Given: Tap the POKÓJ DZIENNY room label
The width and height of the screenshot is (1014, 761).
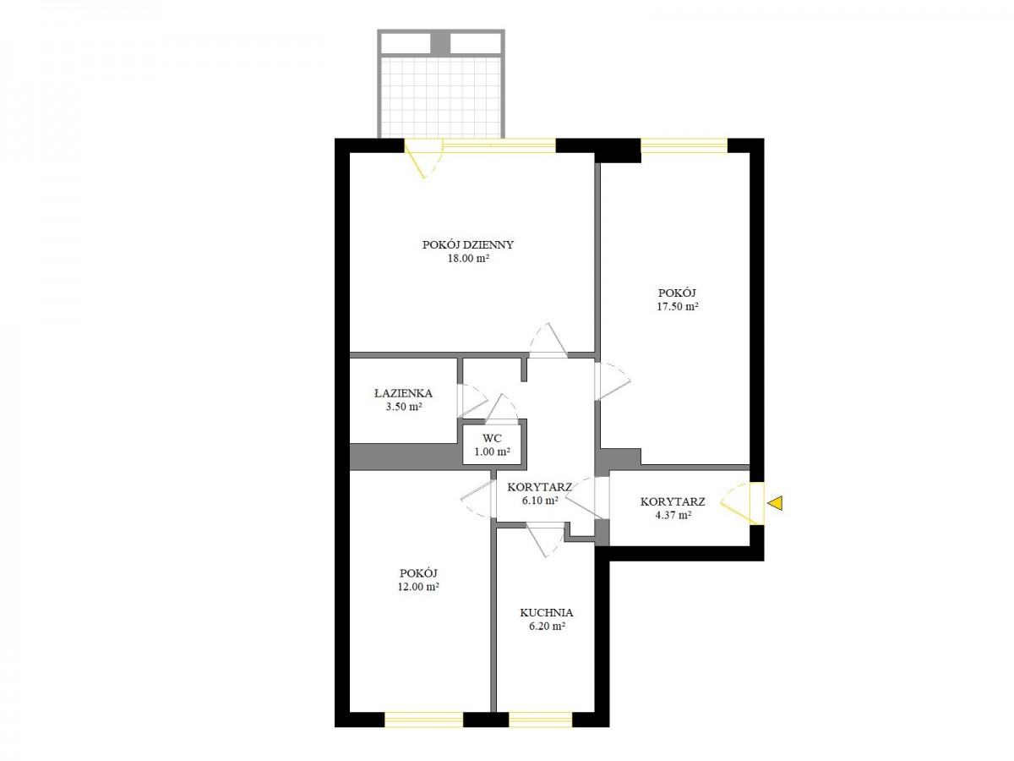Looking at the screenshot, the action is pos(467,244).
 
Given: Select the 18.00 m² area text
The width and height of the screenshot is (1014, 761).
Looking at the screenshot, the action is pos(468,258).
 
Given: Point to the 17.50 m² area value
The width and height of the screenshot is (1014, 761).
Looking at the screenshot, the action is pos(677,306).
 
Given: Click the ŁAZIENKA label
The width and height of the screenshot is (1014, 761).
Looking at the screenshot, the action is pos(403,393).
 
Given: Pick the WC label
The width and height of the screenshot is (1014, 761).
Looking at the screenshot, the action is pos(492,437).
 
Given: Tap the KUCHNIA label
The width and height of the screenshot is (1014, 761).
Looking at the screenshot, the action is pos(547,613).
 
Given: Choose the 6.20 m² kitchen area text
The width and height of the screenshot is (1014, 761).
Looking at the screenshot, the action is pos(548,627).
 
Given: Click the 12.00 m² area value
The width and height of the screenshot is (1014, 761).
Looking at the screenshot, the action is pos(418,587).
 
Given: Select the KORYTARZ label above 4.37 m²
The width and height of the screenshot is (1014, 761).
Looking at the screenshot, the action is pos(673,501).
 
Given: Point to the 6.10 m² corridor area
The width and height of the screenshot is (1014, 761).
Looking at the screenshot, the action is pos(540,500).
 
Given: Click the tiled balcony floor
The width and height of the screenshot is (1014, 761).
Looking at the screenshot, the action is pos(441,97).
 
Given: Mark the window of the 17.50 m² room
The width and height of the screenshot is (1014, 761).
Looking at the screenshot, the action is pos(684,145).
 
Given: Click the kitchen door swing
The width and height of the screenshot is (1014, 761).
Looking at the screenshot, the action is pos(546,539).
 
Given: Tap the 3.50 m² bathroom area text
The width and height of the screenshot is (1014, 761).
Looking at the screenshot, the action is pos(404,407).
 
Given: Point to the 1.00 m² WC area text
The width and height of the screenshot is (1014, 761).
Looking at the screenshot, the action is pos(492,452).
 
